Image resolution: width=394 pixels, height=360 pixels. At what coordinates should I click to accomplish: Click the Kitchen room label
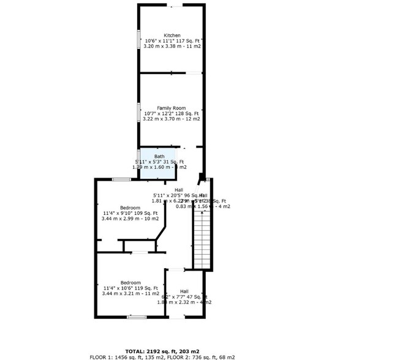tap(172, 35)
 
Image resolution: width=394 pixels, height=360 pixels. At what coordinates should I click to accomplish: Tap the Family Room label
tap(171, 108)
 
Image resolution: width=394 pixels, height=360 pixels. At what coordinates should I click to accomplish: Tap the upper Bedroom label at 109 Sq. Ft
tap(130, 208)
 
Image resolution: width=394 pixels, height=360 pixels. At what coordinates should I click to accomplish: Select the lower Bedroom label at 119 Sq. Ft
tap(130, 283)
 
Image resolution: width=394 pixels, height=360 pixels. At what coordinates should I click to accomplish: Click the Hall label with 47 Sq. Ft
tap(184, 291)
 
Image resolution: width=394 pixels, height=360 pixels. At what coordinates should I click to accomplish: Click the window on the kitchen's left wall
tap(138, 39)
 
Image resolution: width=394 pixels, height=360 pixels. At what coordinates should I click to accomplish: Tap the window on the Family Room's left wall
tap(138, 113)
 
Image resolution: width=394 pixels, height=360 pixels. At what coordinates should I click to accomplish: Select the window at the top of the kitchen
tap(175, 6)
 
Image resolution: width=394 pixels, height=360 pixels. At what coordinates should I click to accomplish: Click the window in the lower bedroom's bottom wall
tap(137, 317)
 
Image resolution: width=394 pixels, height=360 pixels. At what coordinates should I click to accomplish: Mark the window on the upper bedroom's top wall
tap(121, 179)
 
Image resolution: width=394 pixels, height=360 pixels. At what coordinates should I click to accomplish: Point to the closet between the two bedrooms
tap(140, 246)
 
